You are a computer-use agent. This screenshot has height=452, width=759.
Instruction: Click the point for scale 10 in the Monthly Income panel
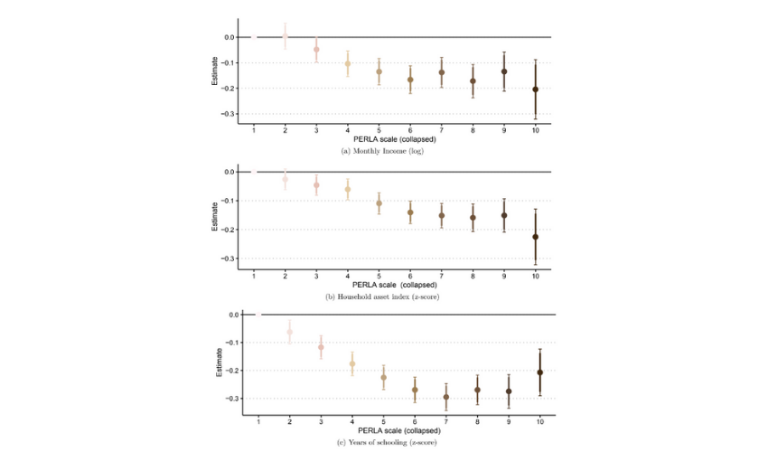tap(535, 89)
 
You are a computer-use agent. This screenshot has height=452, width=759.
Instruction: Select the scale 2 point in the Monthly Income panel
tap(285, 37)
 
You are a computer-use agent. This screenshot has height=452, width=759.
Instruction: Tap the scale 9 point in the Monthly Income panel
tap(504, 71)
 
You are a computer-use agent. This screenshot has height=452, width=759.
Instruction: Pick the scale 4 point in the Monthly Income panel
tap(348, 63)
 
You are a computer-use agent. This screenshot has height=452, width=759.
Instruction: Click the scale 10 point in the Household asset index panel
tap(535, 237)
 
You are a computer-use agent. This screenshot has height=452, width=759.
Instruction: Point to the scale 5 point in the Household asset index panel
tap(379, 202)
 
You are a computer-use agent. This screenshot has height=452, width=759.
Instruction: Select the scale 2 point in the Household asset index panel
tap(285, 179)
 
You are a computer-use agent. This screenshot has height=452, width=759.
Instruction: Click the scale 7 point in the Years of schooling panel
tap(445, 396)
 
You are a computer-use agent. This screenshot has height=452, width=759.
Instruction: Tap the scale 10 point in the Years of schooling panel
tap(539, 372)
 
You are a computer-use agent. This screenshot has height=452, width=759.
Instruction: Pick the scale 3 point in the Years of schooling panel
tap(321, 347)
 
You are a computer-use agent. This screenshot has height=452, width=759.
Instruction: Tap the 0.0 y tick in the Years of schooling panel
tap(232, 315)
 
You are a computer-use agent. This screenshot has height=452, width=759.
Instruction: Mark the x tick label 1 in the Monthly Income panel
tap(254, 130)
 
